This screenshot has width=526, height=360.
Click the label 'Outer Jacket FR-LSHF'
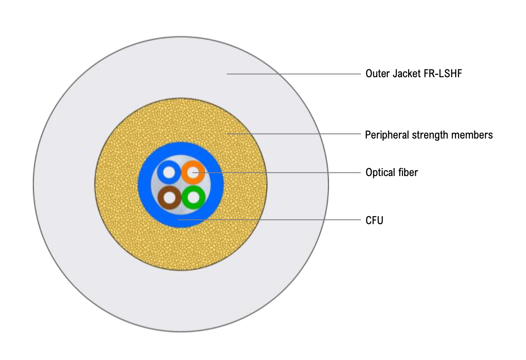(413, 74)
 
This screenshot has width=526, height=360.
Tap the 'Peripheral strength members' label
(429, 135)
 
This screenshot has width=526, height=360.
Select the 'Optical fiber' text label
(392, 172)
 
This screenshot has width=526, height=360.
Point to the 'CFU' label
(374, 221)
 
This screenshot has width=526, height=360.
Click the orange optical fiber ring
(193, 172)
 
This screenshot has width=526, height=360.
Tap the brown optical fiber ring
(169, 198)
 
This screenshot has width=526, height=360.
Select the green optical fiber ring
(194, 197)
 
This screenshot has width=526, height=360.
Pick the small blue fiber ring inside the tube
(169, 172)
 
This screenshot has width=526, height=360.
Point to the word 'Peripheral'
(387, 135)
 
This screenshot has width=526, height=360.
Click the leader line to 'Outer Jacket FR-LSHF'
(294, 74)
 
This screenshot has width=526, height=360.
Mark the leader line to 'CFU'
(269, 220)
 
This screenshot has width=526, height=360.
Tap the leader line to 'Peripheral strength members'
(294, 134)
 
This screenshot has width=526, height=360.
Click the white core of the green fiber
(194, 197)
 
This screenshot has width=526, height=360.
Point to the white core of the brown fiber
(170, 198)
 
